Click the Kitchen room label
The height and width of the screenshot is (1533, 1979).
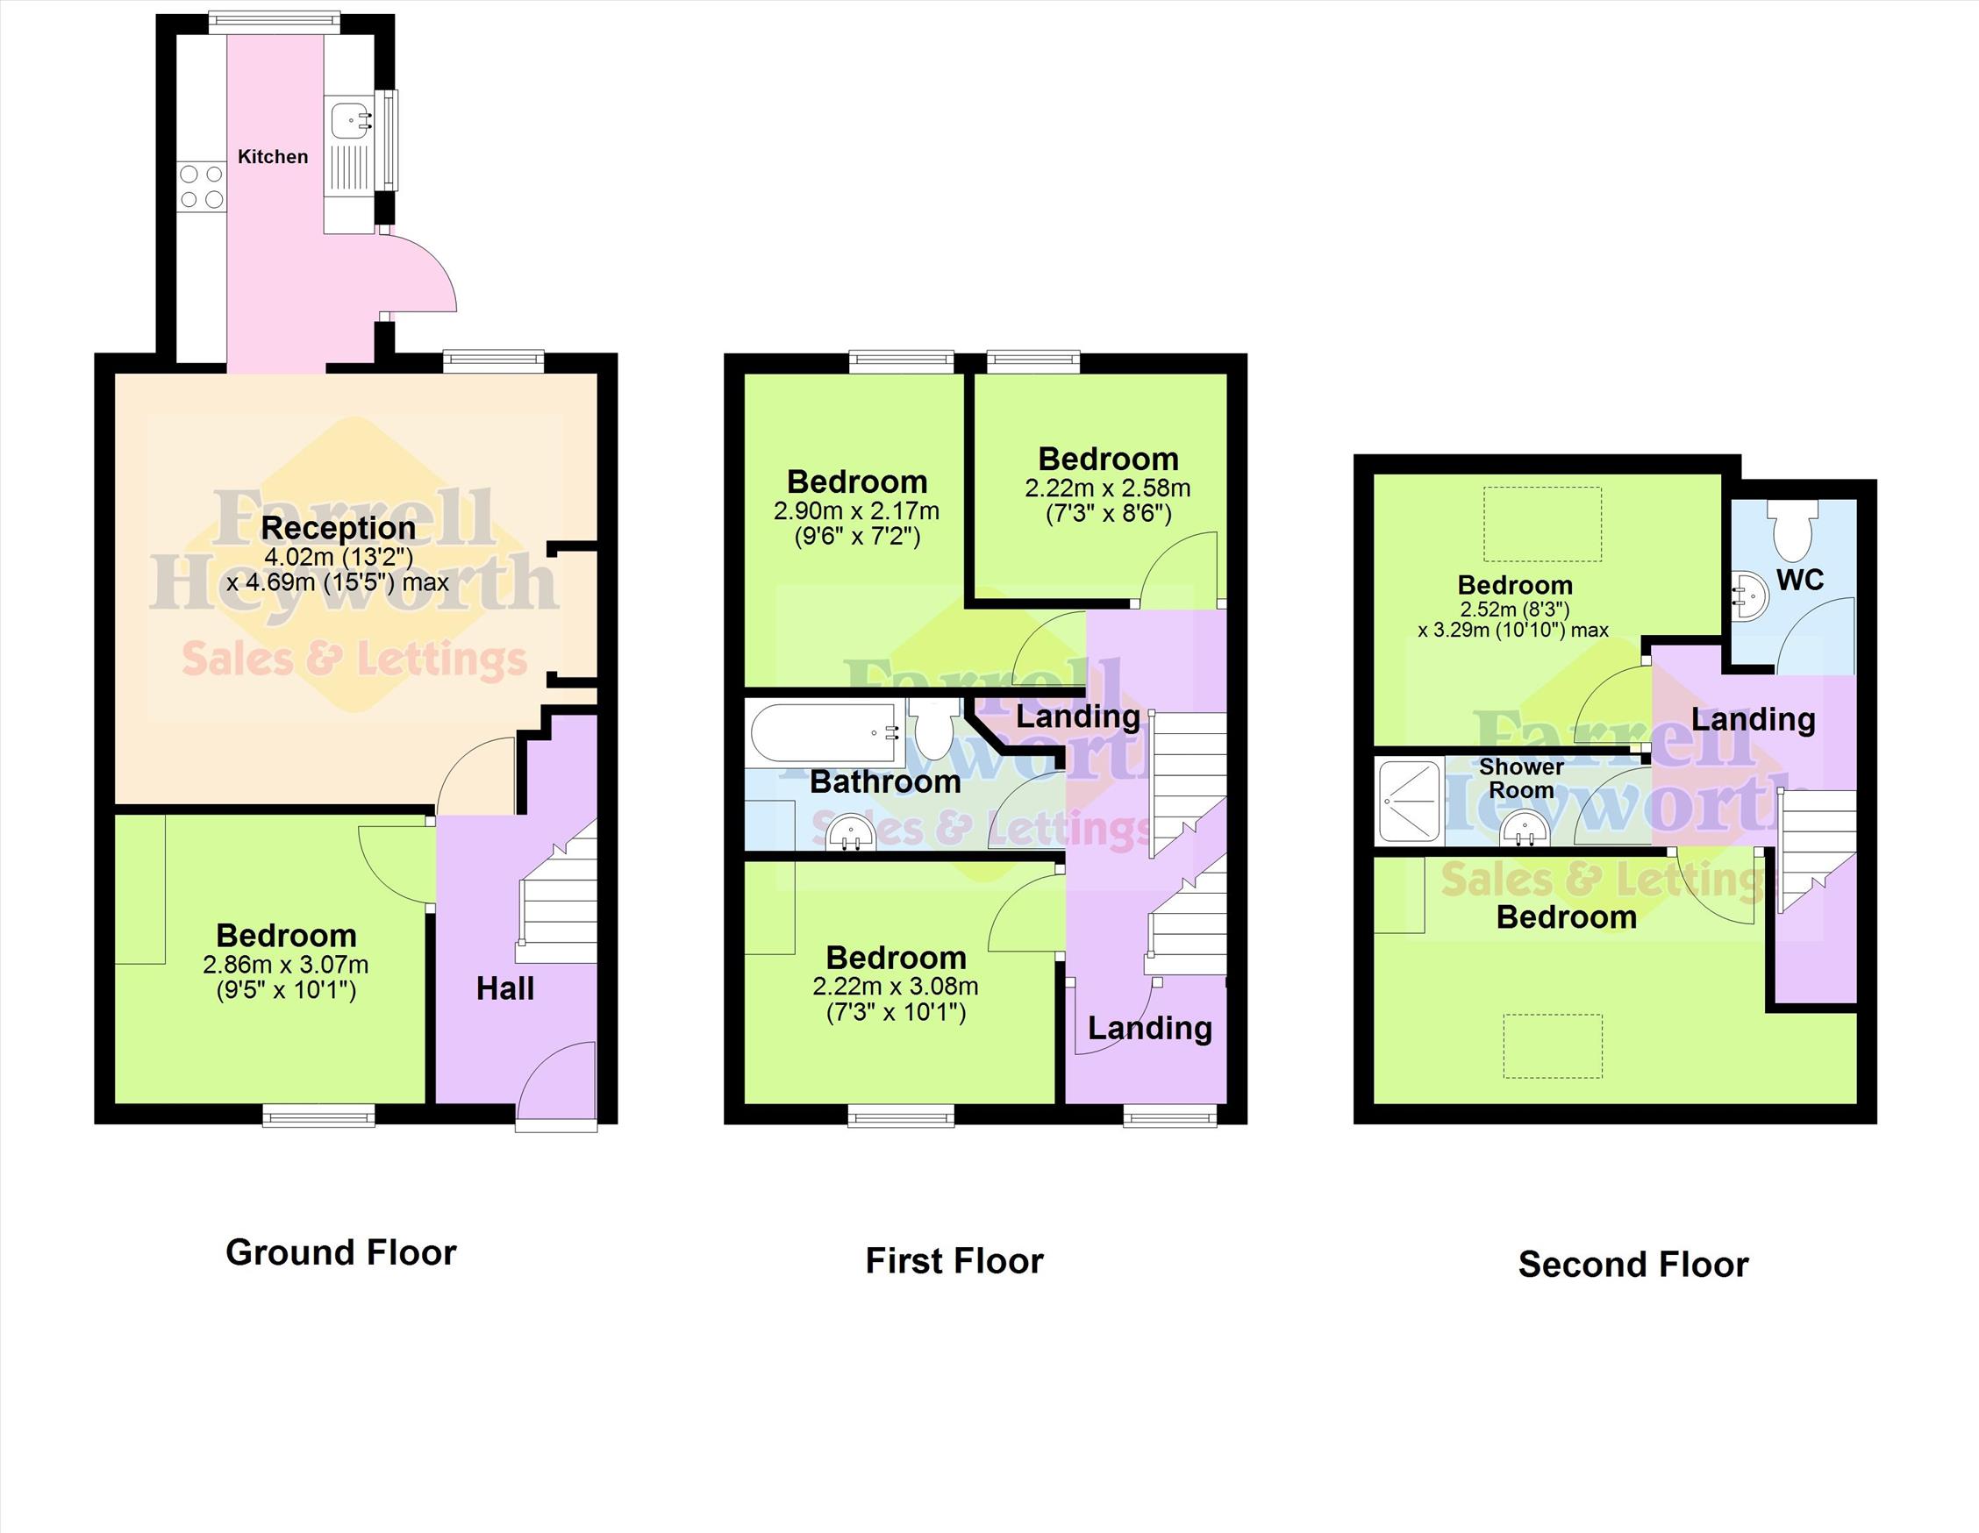pyautogui.click(x=273, y=157)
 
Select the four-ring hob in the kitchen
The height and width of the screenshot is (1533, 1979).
pyautogui.click(x=201, y=186)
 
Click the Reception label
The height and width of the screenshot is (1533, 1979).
pyautogui.click(x=338, y=527)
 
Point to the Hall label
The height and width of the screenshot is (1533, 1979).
pyautogui.click(x=505, y=988)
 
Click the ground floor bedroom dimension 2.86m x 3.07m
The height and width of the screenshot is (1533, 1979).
pyautogui.click(x=285, y=964)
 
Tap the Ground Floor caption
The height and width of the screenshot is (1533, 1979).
pyautogui.click(x=340, y=1252)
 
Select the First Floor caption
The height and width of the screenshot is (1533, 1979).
pyautogui.click(x=954, y=1260)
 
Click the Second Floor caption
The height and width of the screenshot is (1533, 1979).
pyautogui.click(x=1632, y=1264)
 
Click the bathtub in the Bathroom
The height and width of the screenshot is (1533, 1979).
pyautogui.click(x=825, y=733)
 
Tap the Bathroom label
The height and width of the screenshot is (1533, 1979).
pyautogui.click(x=885, y=782)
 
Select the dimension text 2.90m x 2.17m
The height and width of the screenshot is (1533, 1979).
pyautogui.click(x=856, y=511)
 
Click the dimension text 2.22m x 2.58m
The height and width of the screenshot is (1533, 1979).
pyautogui.click(x=1107, y=488)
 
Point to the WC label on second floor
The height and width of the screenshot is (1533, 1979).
pyautogui.click(x=1799, y=580)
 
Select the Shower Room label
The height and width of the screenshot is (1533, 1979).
pyautogui.click(x=1521, y=778)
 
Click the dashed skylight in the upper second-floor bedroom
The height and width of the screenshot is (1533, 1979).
pyautogui.click(x=1542, y=524)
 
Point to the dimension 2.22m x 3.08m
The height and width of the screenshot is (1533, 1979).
pyautogui.click(x=896, y=987)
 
